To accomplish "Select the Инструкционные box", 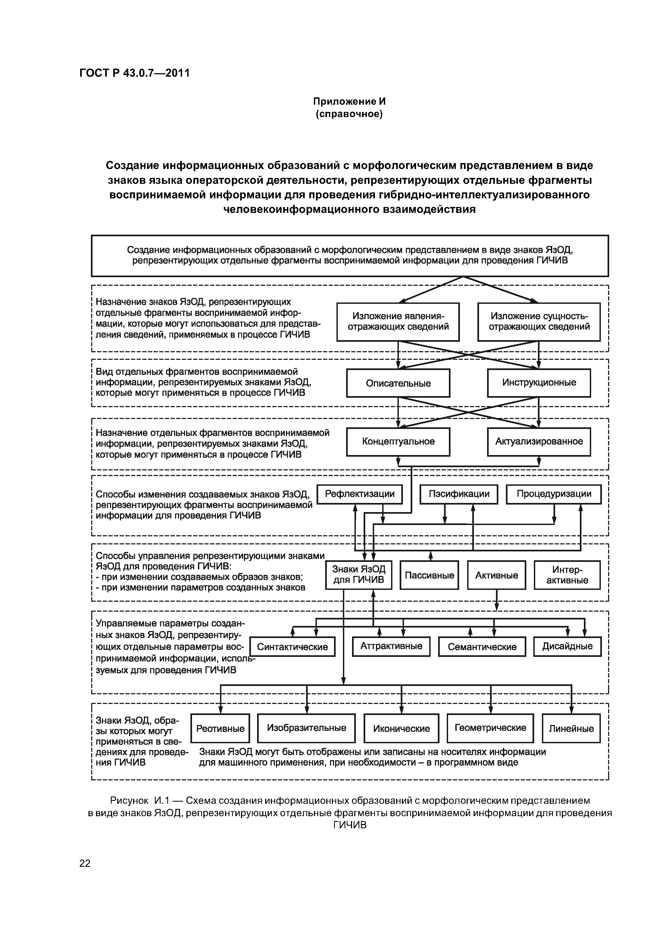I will [x=539, y=383].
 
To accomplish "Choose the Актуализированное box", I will [x=539, y=442].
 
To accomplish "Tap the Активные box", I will [x=496, y=575].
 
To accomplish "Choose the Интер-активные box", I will [x=567, y=575].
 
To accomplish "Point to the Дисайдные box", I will [x=567, y=646].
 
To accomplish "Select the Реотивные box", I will [x=220, y=728].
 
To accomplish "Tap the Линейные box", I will [x=571, y=728].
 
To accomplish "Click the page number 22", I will [x=85, y=863].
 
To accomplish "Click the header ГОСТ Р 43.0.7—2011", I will [x=134, y=73].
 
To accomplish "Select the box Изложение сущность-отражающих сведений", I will [x=539, y=322].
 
